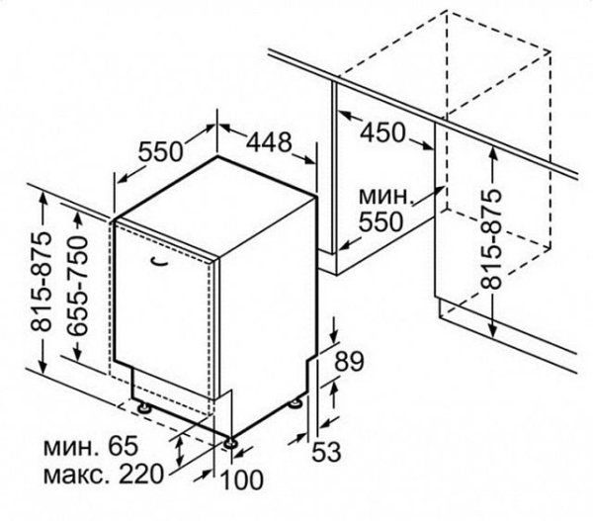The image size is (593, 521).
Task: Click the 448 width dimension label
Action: (x=270, y=142)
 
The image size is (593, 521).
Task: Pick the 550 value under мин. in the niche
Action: (x=380, y=221)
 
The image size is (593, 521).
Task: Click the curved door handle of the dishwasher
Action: (x=158, y=260)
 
